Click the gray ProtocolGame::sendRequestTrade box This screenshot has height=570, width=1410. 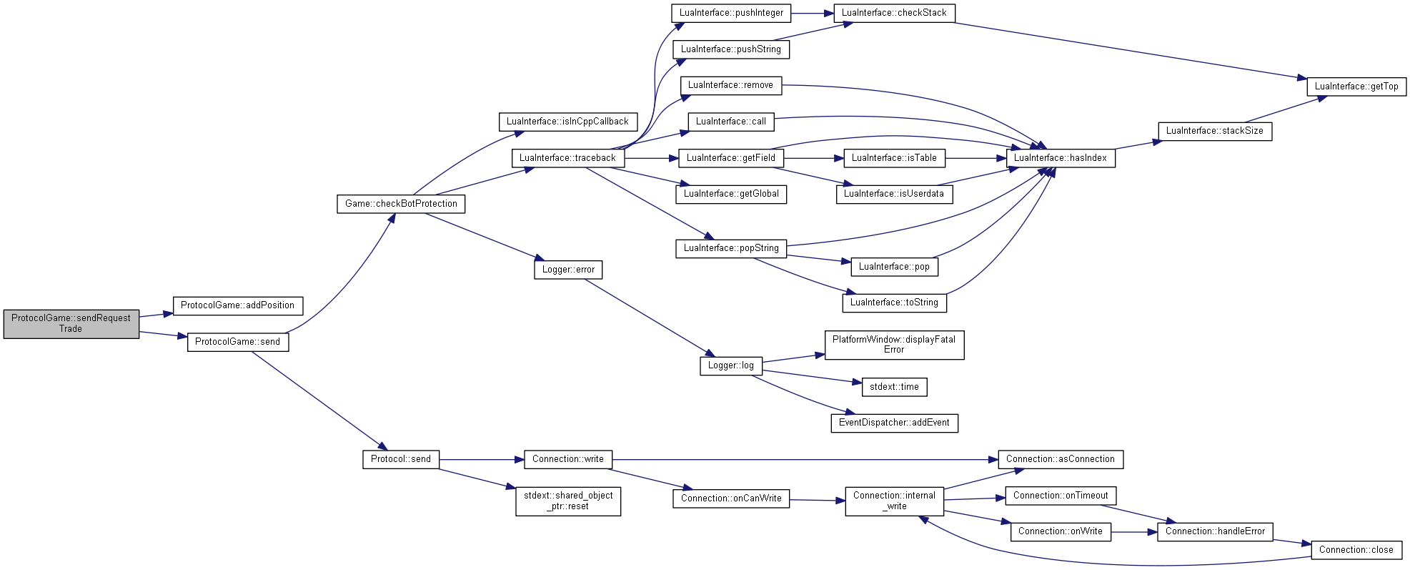[x=71, y=324]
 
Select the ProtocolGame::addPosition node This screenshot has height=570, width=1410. [x=238, y=306]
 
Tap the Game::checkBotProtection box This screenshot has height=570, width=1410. [x=401, y=204]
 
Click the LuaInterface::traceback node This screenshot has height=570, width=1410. [x=568, y=158]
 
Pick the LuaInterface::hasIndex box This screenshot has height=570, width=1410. [x=1061, y=158]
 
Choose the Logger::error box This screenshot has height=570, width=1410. [x=568, y=270]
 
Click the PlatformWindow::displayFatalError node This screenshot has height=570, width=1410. [x=894, y=345]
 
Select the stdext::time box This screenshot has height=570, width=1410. [x=894, y=387]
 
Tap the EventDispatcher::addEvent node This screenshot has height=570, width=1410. [x=894, y=423]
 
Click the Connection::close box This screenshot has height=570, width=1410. [x=1356, y=550]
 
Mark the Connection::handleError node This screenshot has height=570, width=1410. [x=1215, y=531]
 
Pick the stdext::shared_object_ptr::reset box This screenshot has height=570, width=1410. [x=568, y=501]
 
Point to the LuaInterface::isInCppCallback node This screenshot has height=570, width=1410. [x=568, y=122]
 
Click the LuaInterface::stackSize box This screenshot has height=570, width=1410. [x=1215, y=131]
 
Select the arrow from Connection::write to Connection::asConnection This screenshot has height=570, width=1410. [x=805, y=459]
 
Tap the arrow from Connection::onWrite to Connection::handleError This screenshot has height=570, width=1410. [x=1134, y=531]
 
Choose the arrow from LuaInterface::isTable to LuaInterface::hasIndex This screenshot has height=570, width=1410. [x=975, y=158]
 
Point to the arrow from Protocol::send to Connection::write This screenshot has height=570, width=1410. [x=482, y=459]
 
